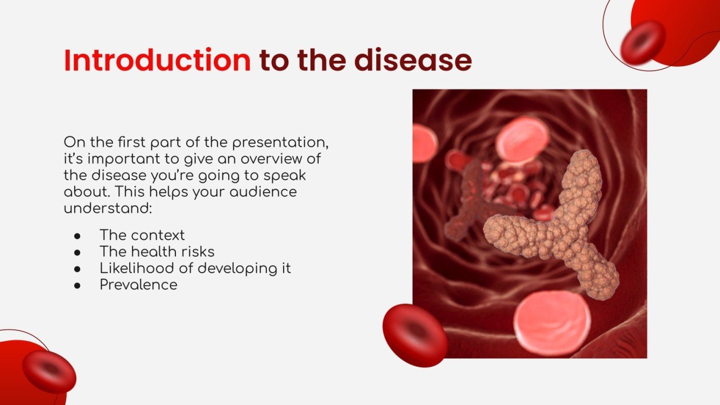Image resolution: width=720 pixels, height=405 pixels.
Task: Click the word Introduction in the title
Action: click(157, 61)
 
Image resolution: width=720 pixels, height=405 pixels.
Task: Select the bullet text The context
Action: click(142, 235)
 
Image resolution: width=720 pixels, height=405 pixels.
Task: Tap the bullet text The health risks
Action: click(157, 251)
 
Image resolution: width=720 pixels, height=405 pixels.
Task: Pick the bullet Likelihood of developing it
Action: click(195, 268)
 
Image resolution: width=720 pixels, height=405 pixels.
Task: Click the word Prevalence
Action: click(138, 284)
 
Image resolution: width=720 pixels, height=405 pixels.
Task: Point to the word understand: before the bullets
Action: click(108, 208)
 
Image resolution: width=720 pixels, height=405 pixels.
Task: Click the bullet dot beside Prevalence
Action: click(77, 285)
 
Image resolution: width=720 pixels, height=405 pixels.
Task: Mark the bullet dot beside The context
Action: click(77, 236)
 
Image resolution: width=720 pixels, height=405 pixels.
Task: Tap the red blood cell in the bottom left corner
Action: click(49, 371)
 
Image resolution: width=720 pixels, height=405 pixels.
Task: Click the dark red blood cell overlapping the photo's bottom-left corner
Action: click(415, 335)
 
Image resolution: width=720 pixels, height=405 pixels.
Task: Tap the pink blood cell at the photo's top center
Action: click(521, 139)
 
